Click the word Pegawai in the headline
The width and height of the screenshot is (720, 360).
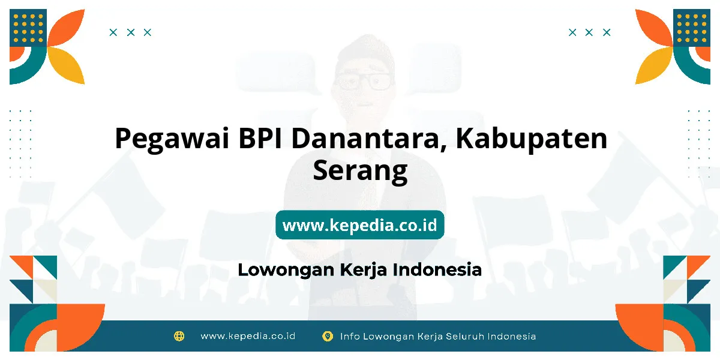pos(172,139)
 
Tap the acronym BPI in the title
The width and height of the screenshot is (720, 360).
pos(260,138)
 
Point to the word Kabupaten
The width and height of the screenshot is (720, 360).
pos(532,139)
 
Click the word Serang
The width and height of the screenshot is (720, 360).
pos(361,172)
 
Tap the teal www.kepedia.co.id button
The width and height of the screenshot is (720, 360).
pos(360,224)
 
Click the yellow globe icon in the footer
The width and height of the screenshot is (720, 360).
pos(179,336)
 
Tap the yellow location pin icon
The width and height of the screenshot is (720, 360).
pos(328,336)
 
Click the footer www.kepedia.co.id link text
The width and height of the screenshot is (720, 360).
pos(248,336)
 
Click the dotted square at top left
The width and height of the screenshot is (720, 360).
pos(28,28)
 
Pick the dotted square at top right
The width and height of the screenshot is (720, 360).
pos(692,28)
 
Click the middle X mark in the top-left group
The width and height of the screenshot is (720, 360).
pos(131,32)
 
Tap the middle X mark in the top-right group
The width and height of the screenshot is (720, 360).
pos(589,32)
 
